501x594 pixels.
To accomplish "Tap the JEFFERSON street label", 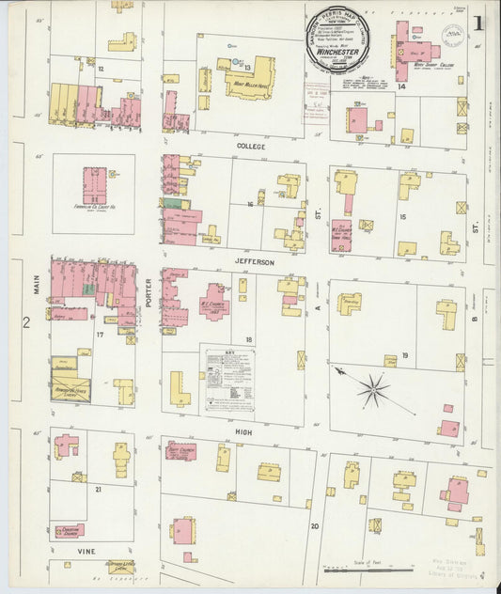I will [x=254, y=262].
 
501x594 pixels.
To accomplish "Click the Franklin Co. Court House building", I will [x=94, y=185].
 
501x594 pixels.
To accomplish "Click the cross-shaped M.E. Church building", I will [x=214, y=302].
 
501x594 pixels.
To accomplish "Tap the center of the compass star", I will [x=373, y=388].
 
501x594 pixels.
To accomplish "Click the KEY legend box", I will [x=229, y=380].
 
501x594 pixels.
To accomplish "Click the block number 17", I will [x=99, y=333].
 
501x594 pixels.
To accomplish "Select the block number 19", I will [x=403, y=355].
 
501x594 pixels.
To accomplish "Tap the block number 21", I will [x=98, y=489].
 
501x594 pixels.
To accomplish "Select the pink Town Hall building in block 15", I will [x=340, y=235].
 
